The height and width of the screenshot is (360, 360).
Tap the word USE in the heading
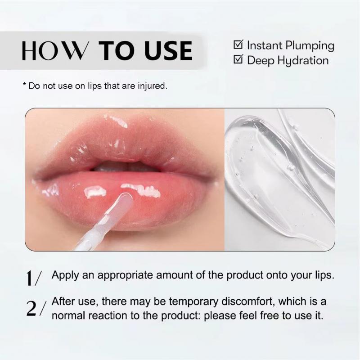[166, 51]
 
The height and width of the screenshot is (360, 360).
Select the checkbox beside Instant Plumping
[238, 45]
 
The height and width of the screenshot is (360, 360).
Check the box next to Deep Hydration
[238, 59]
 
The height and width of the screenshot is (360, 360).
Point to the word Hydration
[303, 61]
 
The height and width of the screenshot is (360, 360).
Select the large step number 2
[32, 308]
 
